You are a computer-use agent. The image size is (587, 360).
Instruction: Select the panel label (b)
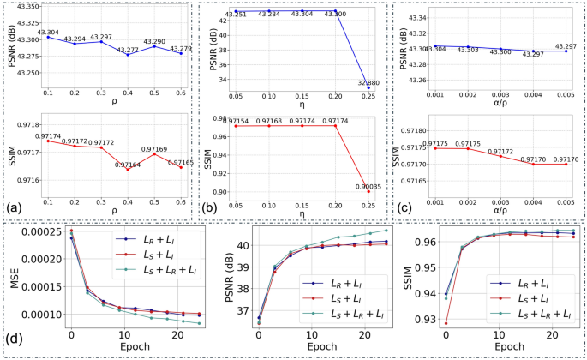[x=208, y=207]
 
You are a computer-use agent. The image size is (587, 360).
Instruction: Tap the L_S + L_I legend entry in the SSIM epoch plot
[x=529, y=299]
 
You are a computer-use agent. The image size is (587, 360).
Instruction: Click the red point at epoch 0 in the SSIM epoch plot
[x=445, y=323]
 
